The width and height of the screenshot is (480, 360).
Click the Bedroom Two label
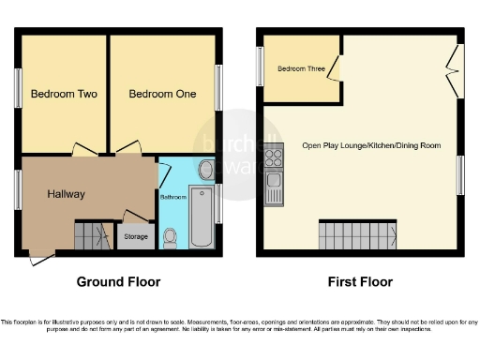[64, 95]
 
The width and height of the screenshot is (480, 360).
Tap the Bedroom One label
[159, 95]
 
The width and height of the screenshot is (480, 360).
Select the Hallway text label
[67, 194]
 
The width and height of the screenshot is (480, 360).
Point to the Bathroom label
[172, 198]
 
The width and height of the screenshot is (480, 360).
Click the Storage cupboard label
[136, 236]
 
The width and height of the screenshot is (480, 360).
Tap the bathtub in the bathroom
[201, 217]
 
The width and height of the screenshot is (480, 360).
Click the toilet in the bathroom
[172, 239]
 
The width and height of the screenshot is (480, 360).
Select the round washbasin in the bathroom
[207, 170]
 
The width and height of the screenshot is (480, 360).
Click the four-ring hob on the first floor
[275, 157]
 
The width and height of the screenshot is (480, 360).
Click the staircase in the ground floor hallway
[92, 233]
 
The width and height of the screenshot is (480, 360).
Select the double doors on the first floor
[454, 71]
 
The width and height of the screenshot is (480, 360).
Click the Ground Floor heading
[118, 282]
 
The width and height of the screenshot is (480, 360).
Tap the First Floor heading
[359, 282]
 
